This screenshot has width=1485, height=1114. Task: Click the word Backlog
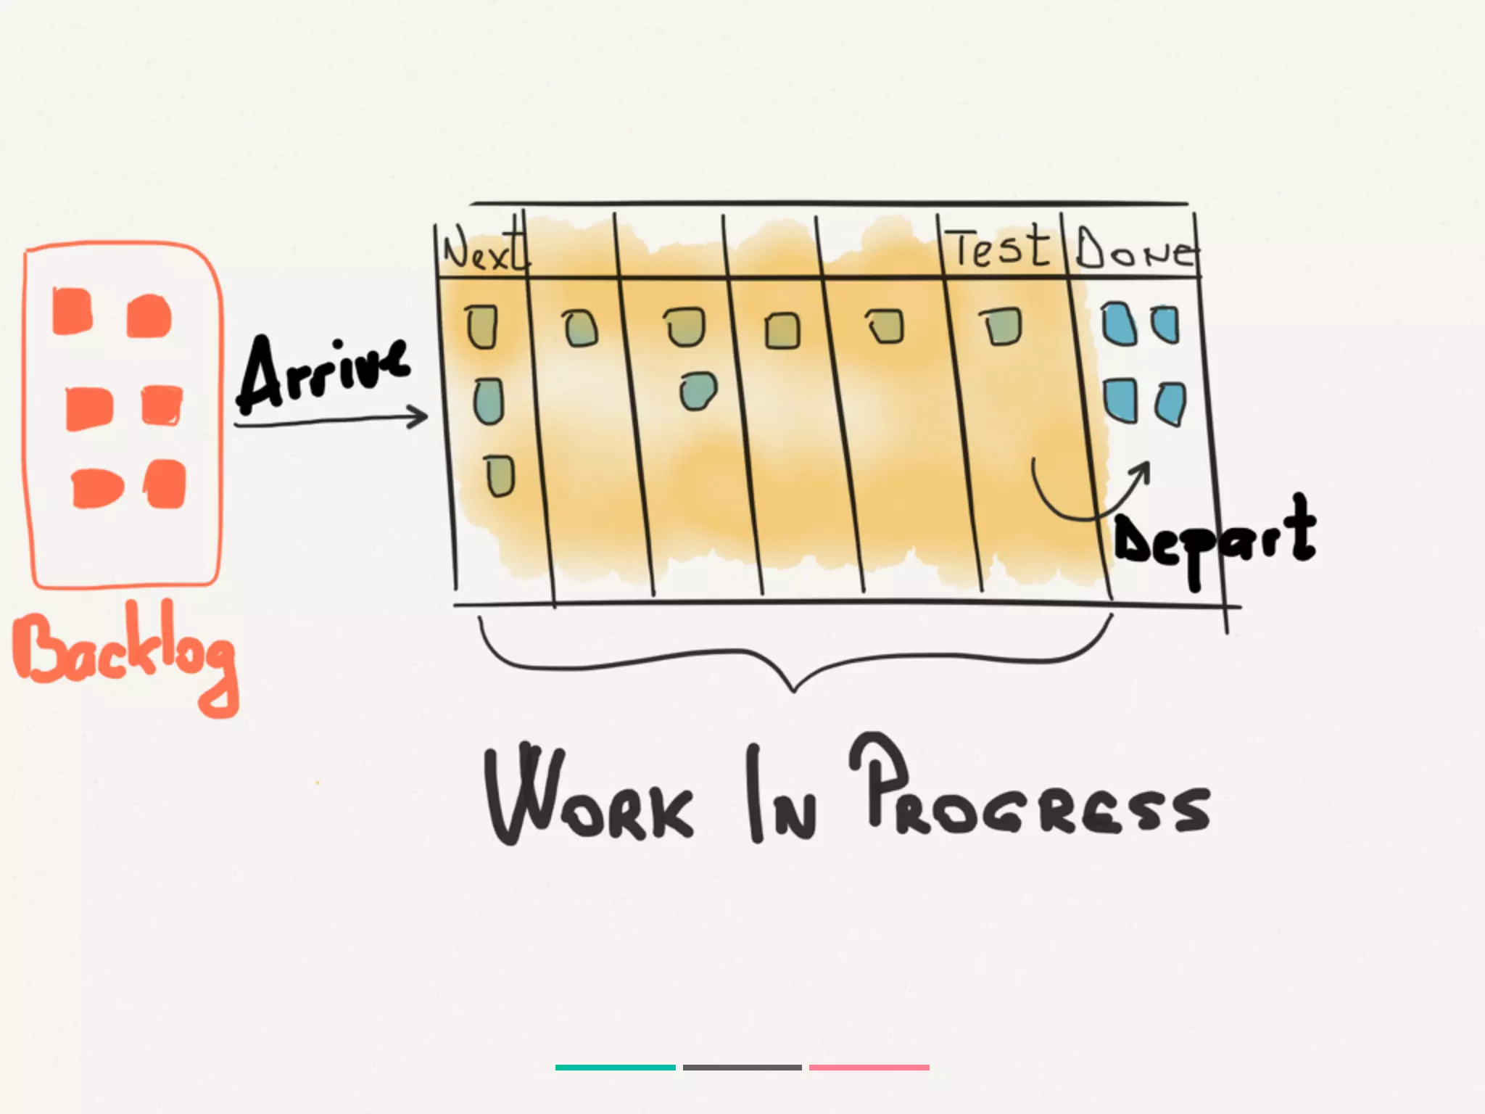point(123,653)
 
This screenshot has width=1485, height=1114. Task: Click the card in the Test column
point(1002,326)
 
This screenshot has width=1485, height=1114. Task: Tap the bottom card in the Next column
point(500,476)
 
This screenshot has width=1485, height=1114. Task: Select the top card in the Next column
point(481,326)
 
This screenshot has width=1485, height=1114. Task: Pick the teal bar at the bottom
point(615,1068)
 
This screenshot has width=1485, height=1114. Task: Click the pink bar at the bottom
point(869,1068)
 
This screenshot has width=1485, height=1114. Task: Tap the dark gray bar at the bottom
point(742,1068)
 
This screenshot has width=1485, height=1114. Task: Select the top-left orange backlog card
point(73,312)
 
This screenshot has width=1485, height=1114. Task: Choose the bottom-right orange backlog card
point(166,484)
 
